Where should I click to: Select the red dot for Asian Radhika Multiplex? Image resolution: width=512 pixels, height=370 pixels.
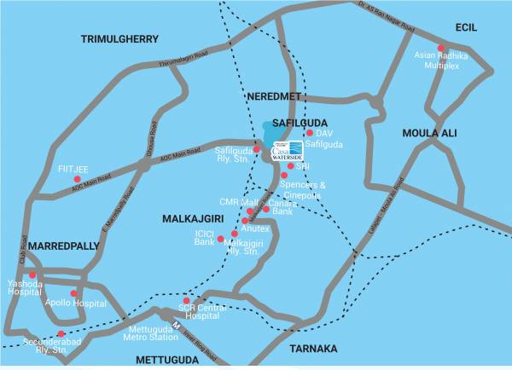point(441,49)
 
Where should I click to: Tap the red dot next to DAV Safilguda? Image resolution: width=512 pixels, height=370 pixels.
point(309,133)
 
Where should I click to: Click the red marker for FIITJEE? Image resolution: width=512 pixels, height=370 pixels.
point(78,179)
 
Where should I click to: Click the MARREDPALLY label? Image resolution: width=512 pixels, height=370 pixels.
point(59,246)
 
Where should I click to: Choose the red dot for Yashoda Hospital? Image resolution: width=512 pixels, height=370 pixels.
point(32,275)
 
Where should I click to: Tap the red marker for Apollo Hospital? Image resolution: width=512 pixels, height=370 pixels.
point(73,293)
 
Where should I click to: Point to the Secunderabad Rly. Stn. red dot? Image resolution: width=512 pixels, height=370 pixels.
point(61,334)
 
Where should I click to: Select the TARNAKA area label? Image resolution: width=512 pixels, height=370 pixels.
point(313,349)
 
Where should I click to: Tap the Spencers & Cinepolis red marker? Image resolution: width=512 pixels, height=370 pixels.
point(284,176)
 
